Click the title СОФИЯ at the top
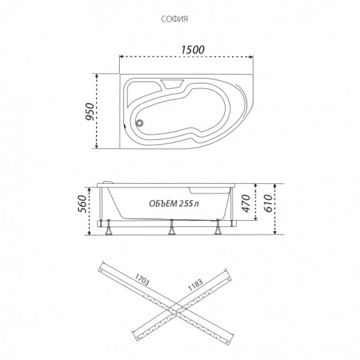pos(174,19)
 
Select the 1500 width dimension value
pos(193,49)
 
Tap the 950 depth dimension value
pos(90,111)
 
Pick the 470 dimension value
pos(246,203)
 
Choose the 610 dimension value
pos(268,203)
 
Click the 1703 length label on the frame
pos(142,280)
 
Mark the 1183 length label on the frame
pos(195,285)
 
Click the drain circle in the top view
pos(140,123)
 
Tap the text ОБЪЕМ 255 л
pos(174,203)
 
